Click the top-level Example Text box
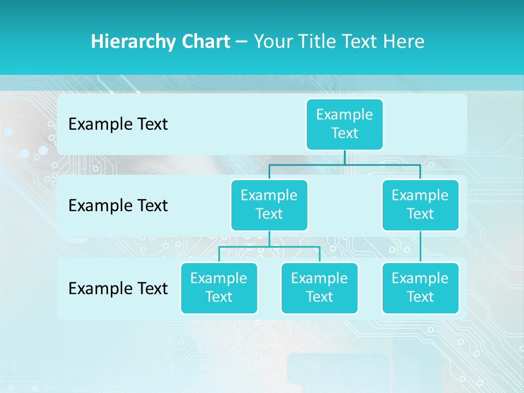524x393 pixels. click(344, 124)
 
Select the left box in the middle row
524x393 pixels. click(269, 205)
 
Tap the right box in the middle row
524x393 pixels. click(420, 205)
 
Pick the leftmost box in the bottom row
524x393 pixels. click(219, 288)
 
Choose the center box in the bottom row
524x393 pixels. click(319, 288)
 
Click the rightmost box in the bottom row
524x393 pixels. click(420, 288)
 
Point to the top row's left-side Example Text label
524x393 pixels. click(118, 124)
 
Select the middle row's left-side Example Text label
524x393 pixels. click(118, 206)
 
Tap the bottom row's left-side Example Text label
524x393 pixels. click(118, 288)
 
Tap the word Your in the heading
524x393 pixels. click(273, 41)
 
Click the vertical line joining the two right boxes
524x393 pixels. click(420, 247)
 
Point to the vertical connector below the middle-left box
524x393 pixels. click(269, 239)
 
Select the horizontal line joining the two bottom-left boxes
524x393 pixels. click(269, 247)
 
